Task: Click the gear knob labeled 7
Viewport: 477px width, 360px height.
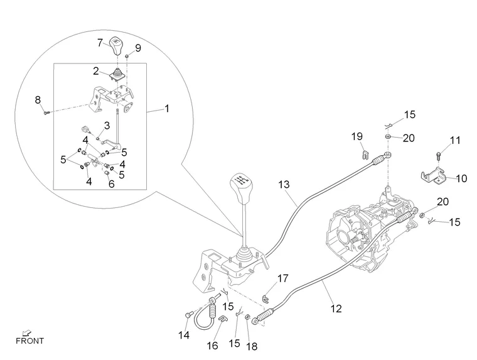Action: pos(116,46)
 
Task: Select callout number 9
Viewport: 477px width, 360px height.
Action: pos(138,48)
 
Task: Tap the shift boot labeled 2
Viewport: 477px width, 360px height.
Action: pos(117,75)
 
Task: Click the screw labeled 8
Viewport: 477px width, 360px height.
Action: pos(46,112)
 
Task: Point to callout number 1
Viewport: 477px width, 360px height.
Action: pos(167,108)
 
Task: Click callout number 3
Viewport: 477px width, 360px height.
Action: pos(107,126)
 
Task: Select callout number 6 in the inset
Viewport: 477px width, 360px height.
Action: pos(111,183)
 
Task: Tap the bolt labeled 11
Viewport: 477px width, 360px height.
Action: pos(438,157)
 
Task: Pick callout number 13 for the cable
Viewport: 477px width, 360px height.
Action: pos(284,184)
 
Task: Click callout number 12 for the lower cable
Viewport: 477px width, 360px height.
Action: pos(336,308)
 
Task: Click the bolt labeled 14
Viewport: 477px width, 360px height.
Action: pos(188,315)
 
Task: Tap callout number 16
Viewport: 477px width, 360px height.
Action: pos(212,346)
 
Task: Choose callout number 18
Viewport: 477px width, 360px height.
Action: pos(252,346)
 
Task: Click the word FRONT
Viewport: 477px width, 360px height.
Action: pos(30,341)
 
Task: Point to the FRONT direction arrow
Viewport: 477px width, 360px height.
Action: pos(27,333)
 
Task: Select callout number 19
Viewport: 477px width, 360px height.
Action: pos(357,136)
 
